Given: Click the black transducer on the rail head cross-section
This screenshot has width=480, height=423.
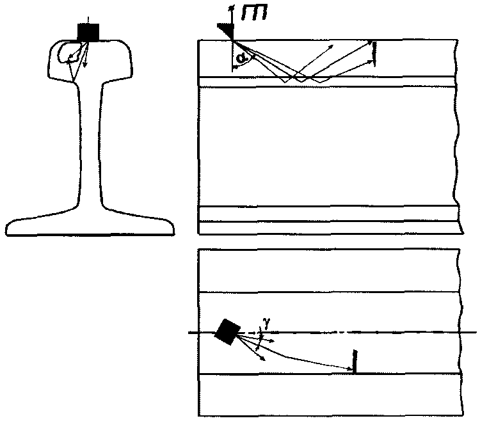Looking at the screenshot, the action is point(88,32).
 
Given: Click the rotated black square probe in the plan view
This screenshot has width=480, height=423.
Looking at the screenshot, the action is point(226,331).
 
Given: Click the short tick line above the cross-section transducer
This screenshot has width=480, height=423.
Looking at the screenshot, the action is point(88,20).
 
